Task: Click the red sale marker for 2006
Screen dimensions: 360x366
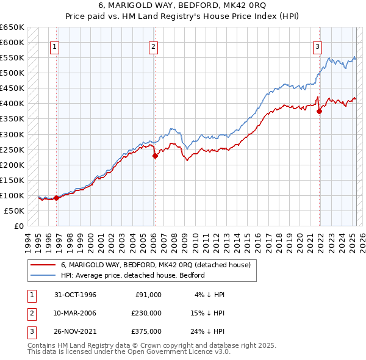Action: coord(155,156)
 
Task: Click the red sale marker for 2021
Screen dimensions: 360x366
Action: coord(320,111)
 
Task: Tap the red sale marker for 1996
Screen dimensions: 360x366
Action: coord(56,198)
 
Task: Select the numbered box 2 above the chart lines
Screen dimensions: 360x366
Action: coord(153,46)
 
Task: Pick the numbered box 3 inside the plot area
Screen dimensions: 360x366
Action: coord(318,46)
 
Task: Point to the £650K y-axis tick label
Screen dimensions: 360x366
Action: coord(12,27)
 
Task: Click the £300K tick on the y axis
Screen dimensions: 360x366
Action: coord(12,134)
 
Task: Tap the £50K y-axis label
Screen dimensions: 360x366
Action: coord(14,211)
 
